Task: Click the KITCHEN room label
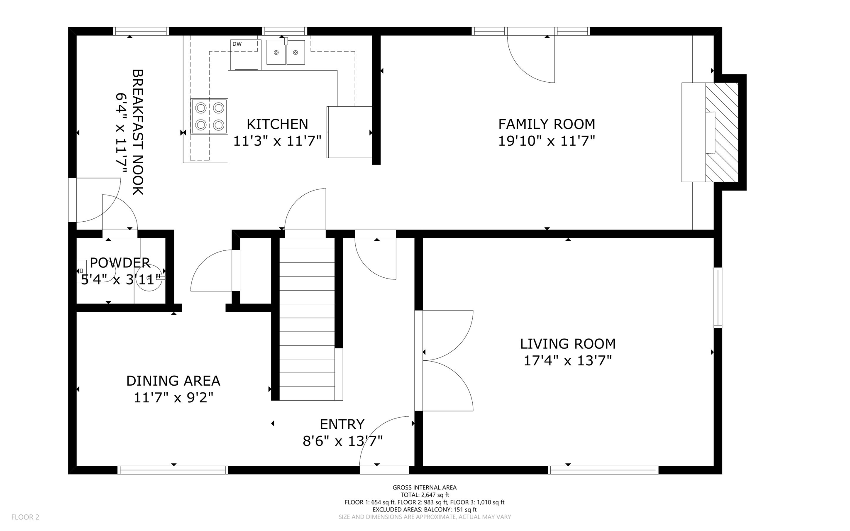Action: pyautogui.click(x=277, y=124)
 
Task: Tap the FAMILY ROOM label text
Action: pyautogui.click(x=546, y=124)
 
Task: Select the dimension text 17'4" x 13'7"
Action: pyautogui.click(x=567, y=361)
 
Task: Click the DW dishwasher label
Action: pyautogui.click(x=237, y=44)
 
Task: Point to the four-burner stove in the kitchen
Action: pyautogui.click(x=210, y=117)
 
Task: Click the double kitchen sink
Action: pyautogui.click(x=286, y=52)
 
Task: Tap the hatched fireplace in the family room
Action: pyautogui.click(x=722, y=132)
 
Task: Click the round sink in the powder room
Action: pyautogui.click(x=149, y=278)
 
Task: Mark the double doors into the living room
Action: pyautogui.click(x=447, y=360)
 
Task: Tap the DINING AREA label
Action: pyautogui.click(x=173, y=381)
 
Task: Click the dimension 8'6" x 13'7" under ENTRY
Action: pyautogui.click(x=342, y=441)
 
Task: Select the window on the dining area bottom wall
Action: pyautogui.click(x=173, y=470)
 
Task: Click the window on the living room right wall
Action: pyautogui.click(x=718, y=298)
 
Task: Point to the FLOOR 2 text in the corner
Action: pyautogui.click(x=25, y=517)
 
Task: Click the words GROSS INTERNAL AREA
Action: pyautogui.click(x=425, y=487)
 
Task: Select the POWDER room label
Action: pyautogui.click(x=120, y=262)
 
